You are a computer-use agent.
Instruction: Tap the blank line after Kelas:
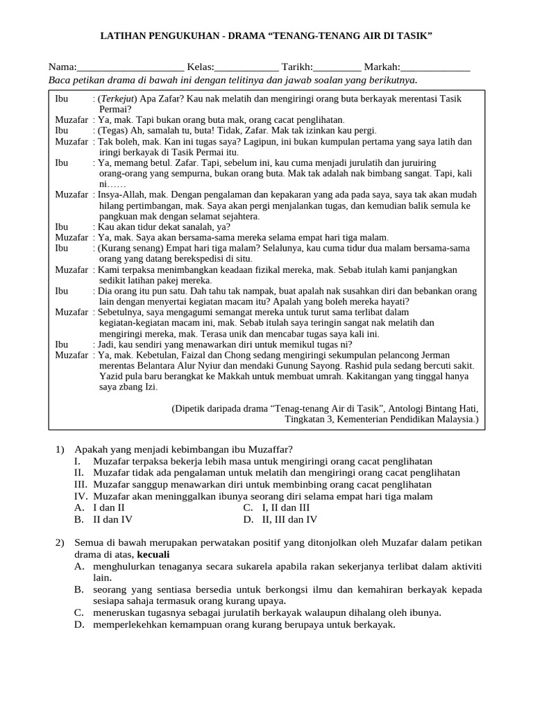point(247,68)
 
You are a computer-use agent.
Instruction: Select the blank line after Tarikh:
point(337,68)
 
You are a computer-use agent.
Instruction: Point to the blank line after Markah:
point(435,68)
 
